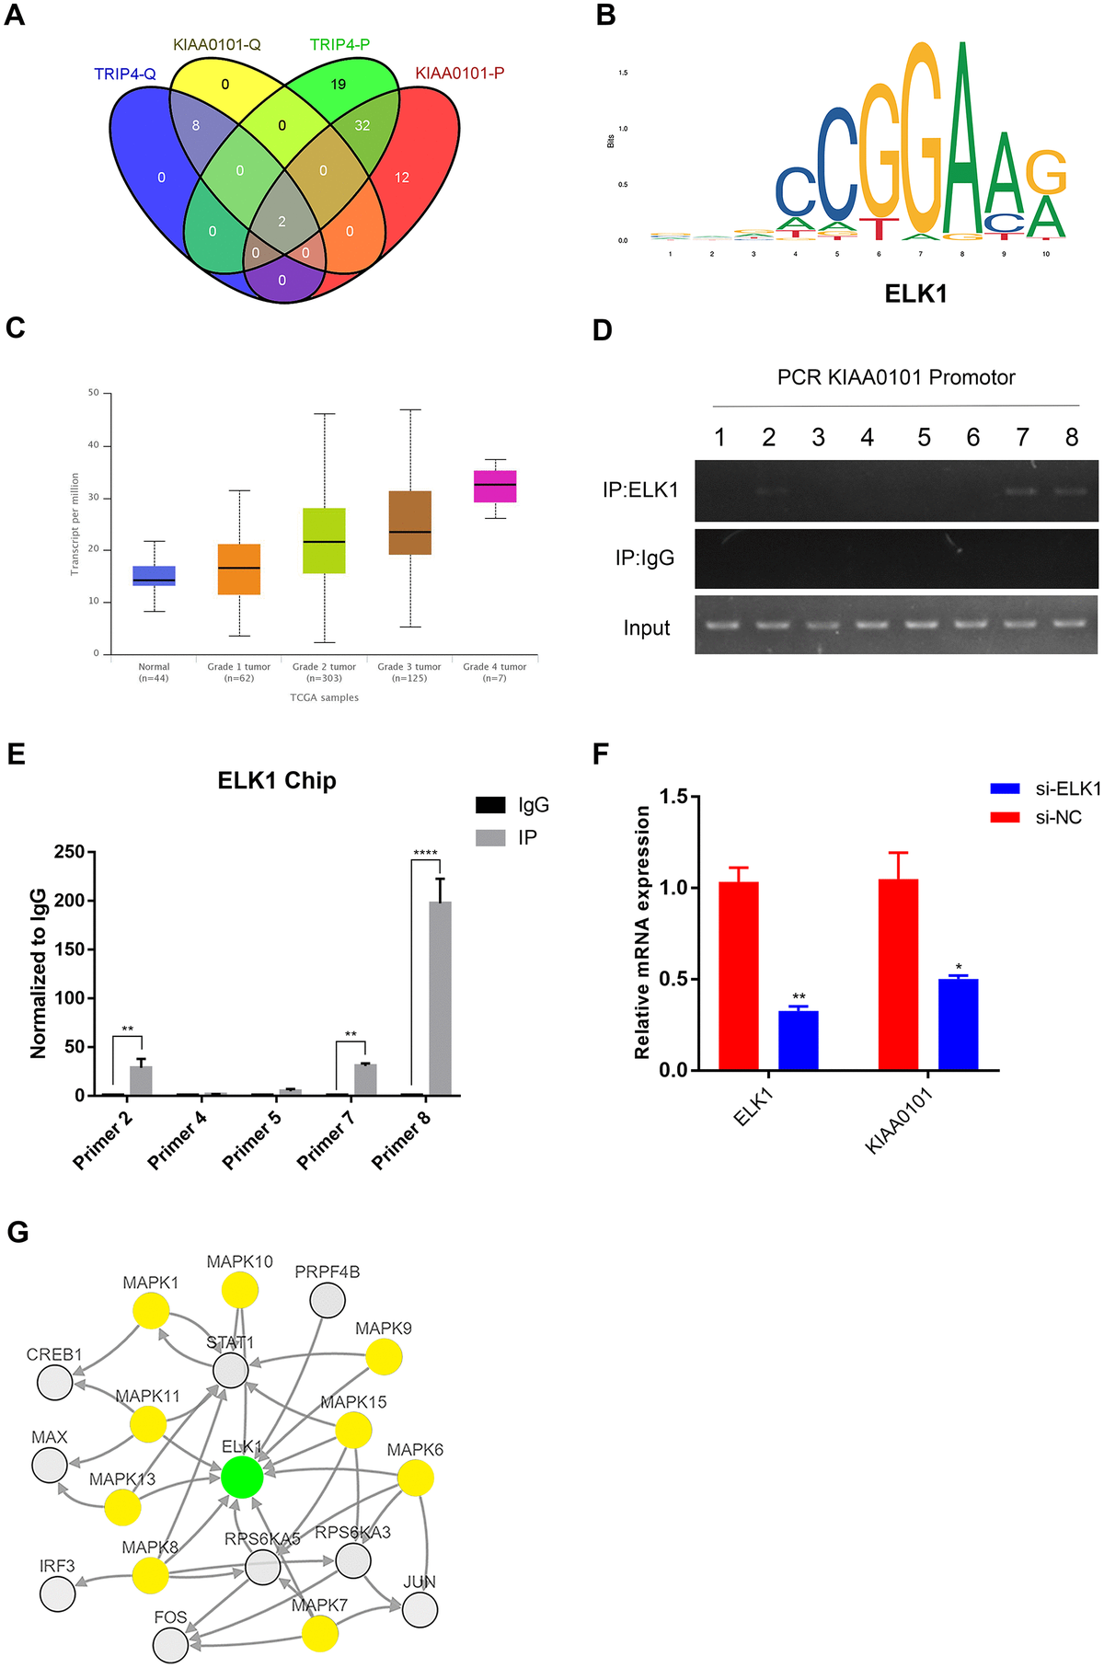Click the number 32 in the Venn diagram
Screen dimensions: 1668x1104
coord(362,125)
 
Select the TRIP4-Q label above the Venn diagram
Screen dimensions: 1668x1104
coord(125,74)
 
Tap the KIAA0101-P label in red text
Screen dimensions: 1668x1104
coord(459,73)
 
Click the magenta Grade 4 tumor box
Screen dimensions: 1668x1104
coord(495,486)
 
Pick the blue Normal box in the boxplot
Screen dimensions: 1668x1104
coord(154,576)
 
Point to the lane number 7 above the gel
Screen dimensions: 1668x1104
coord(1022,437)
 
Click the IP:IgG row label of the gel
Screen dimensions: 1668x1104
coord(645,558)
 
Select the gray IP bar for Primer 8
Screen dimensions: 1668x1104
coord(440,998)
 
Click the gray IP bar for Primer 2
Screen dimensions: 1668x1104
coord(141,1080)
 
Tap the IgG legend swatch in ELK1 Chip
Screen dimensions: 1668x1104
coord(490,805)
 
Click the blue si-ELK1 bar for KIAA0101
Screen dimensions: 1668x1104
coord(958,1024)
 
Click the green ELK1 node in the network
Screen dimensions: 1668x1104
coord(242,1477)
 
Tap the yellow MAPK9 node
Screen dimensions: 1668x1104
coord(384,1356)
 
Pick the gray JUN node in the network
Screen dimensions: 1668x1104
coord(420,1610)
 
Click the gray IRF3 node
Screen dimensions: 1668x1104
coord(58,1593)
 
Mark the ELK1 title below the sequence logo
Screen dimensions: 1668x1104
coord(915,293)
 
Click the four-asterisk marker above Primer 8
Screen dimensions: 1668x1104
coord(425,853)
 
